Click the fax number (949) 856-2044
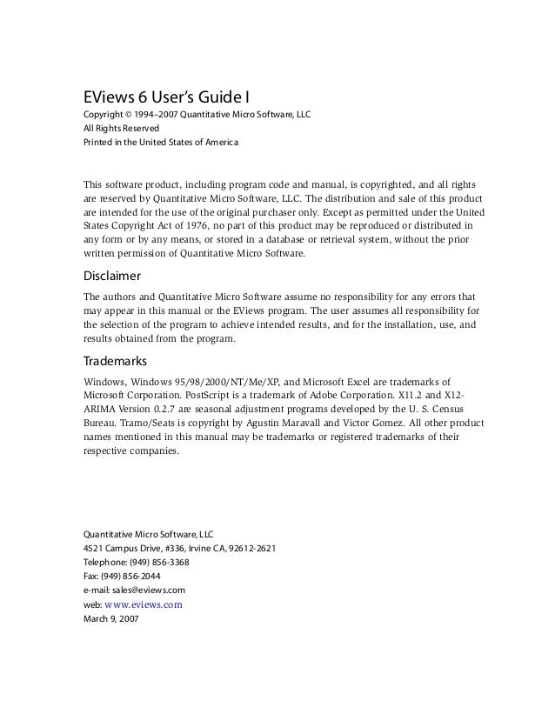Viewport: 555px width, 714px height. click(131, 576)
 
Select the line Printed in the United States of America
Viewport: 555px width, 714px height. click(158, 142)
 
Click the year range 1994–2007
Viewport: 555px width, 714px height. click(157, 114)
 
